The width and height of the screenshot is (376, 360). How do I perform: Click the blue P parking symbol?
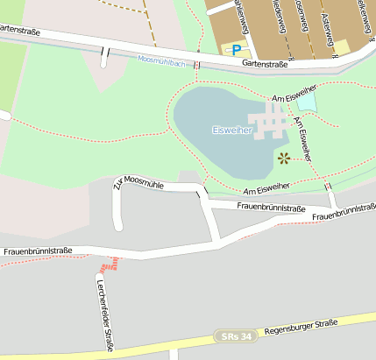coord(236,50)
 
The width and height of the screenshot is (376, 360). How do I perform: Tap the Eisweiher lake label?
coord(232,130)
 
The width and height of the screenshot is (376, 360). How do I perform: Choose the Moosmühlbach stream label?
coord(160,60)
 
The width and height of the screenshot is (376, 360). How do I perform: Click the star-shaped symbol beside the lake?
coord(283,159)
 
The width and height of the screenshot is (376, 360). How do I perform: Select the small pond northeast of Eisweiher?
coord(306,102)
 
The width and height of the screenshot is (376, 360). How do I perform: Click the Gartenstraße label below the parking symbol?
coord(265,63)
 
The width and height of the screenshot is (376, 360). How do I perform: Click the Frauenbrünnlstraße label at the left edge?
coord(37,251)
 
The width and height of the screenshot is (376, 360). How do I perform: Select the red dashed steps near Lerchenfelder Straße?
coord(109,264)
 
